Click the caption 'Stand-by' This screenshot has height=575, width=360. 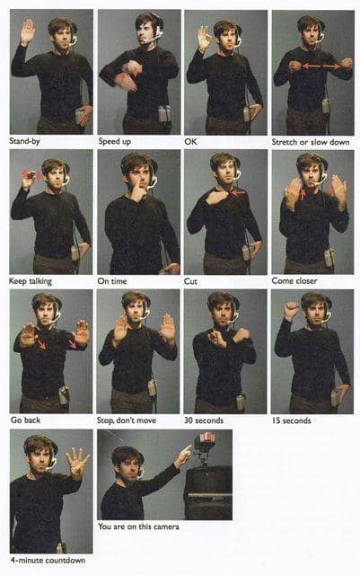click(24, 141)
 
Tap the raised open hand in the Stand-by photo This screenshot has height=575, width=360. click(28, 32)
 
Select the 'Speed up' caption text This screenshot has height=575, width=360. click(114, 142)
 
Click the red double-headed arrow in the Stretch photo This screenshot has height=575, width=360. click(321, 66)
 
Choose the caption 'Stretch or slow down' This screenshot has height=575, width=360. click(311, 142)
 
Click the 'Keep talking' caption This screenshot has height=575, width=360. click(31, 281)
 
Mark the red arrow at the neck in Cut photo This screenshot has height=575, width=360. click(238, 191)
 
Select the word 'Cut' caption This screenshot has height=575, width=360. click(190, 281)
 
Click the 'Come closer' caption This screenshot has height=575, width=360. click(294, 281)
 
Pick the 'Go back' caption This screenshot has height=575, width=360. click(25, 420)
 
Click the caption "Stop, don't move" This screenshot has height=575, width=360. click(127, 420)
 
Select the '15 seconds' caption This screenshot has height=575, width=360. click(292, 420)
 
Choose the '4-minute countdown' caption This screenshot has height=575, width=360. click(48, 560)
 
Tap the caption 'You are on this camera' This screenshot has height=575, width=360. click(138, 526)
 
